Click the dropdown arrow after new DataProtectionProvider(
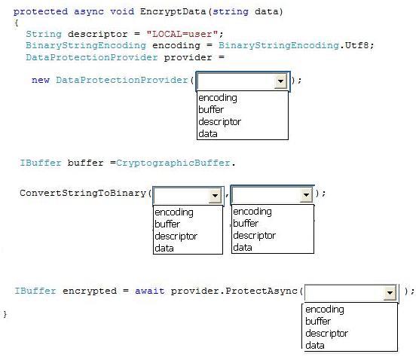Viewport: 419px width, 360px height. click(280, 81)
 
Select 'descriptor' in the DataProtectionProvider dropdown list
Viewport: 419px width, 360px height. click(219, 122)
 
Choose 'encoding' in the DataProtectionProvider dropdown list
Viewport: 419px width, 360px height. click(218, 98)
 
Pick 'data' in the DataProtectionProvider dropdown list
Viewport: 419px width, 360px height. click(208, 133)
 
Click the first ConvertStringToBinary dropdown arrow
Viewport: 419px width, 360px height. click(215, 196)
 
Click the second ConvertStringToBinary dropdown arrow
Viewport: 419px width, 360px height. click(306, 195)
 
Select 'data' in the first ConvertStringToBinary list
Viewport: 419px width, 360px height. click(164, 248)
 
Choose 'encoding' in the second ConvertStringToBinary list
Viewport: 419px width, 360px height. click(252, 212)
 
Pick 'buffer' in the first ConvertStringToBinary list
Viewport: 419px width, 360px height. click(167, 224)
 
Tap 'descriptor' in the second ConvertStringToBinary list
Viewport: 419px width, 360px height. click(255, 235)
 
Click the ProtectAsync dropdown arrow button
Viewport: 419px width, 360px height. click(390, 293)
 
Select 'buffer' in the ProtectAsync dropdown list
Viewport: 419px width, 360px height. click(318, 321)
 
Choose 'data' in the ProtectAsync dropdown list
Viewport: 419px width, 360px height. click(315, 345)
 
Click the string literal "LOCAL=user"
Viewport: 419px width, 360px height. click(182, 34)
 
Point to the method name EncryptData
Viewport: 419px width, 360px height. click(173, 12)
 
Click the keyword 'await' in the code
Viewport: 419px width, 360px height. click(150, 291)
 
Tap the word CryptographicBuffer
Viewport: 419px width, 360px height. click(173, 163)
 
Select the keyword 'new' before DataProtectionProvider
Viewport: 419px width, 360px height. click(41, 80)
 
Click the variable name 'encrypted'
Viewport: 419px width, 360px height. click(90, 291)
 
